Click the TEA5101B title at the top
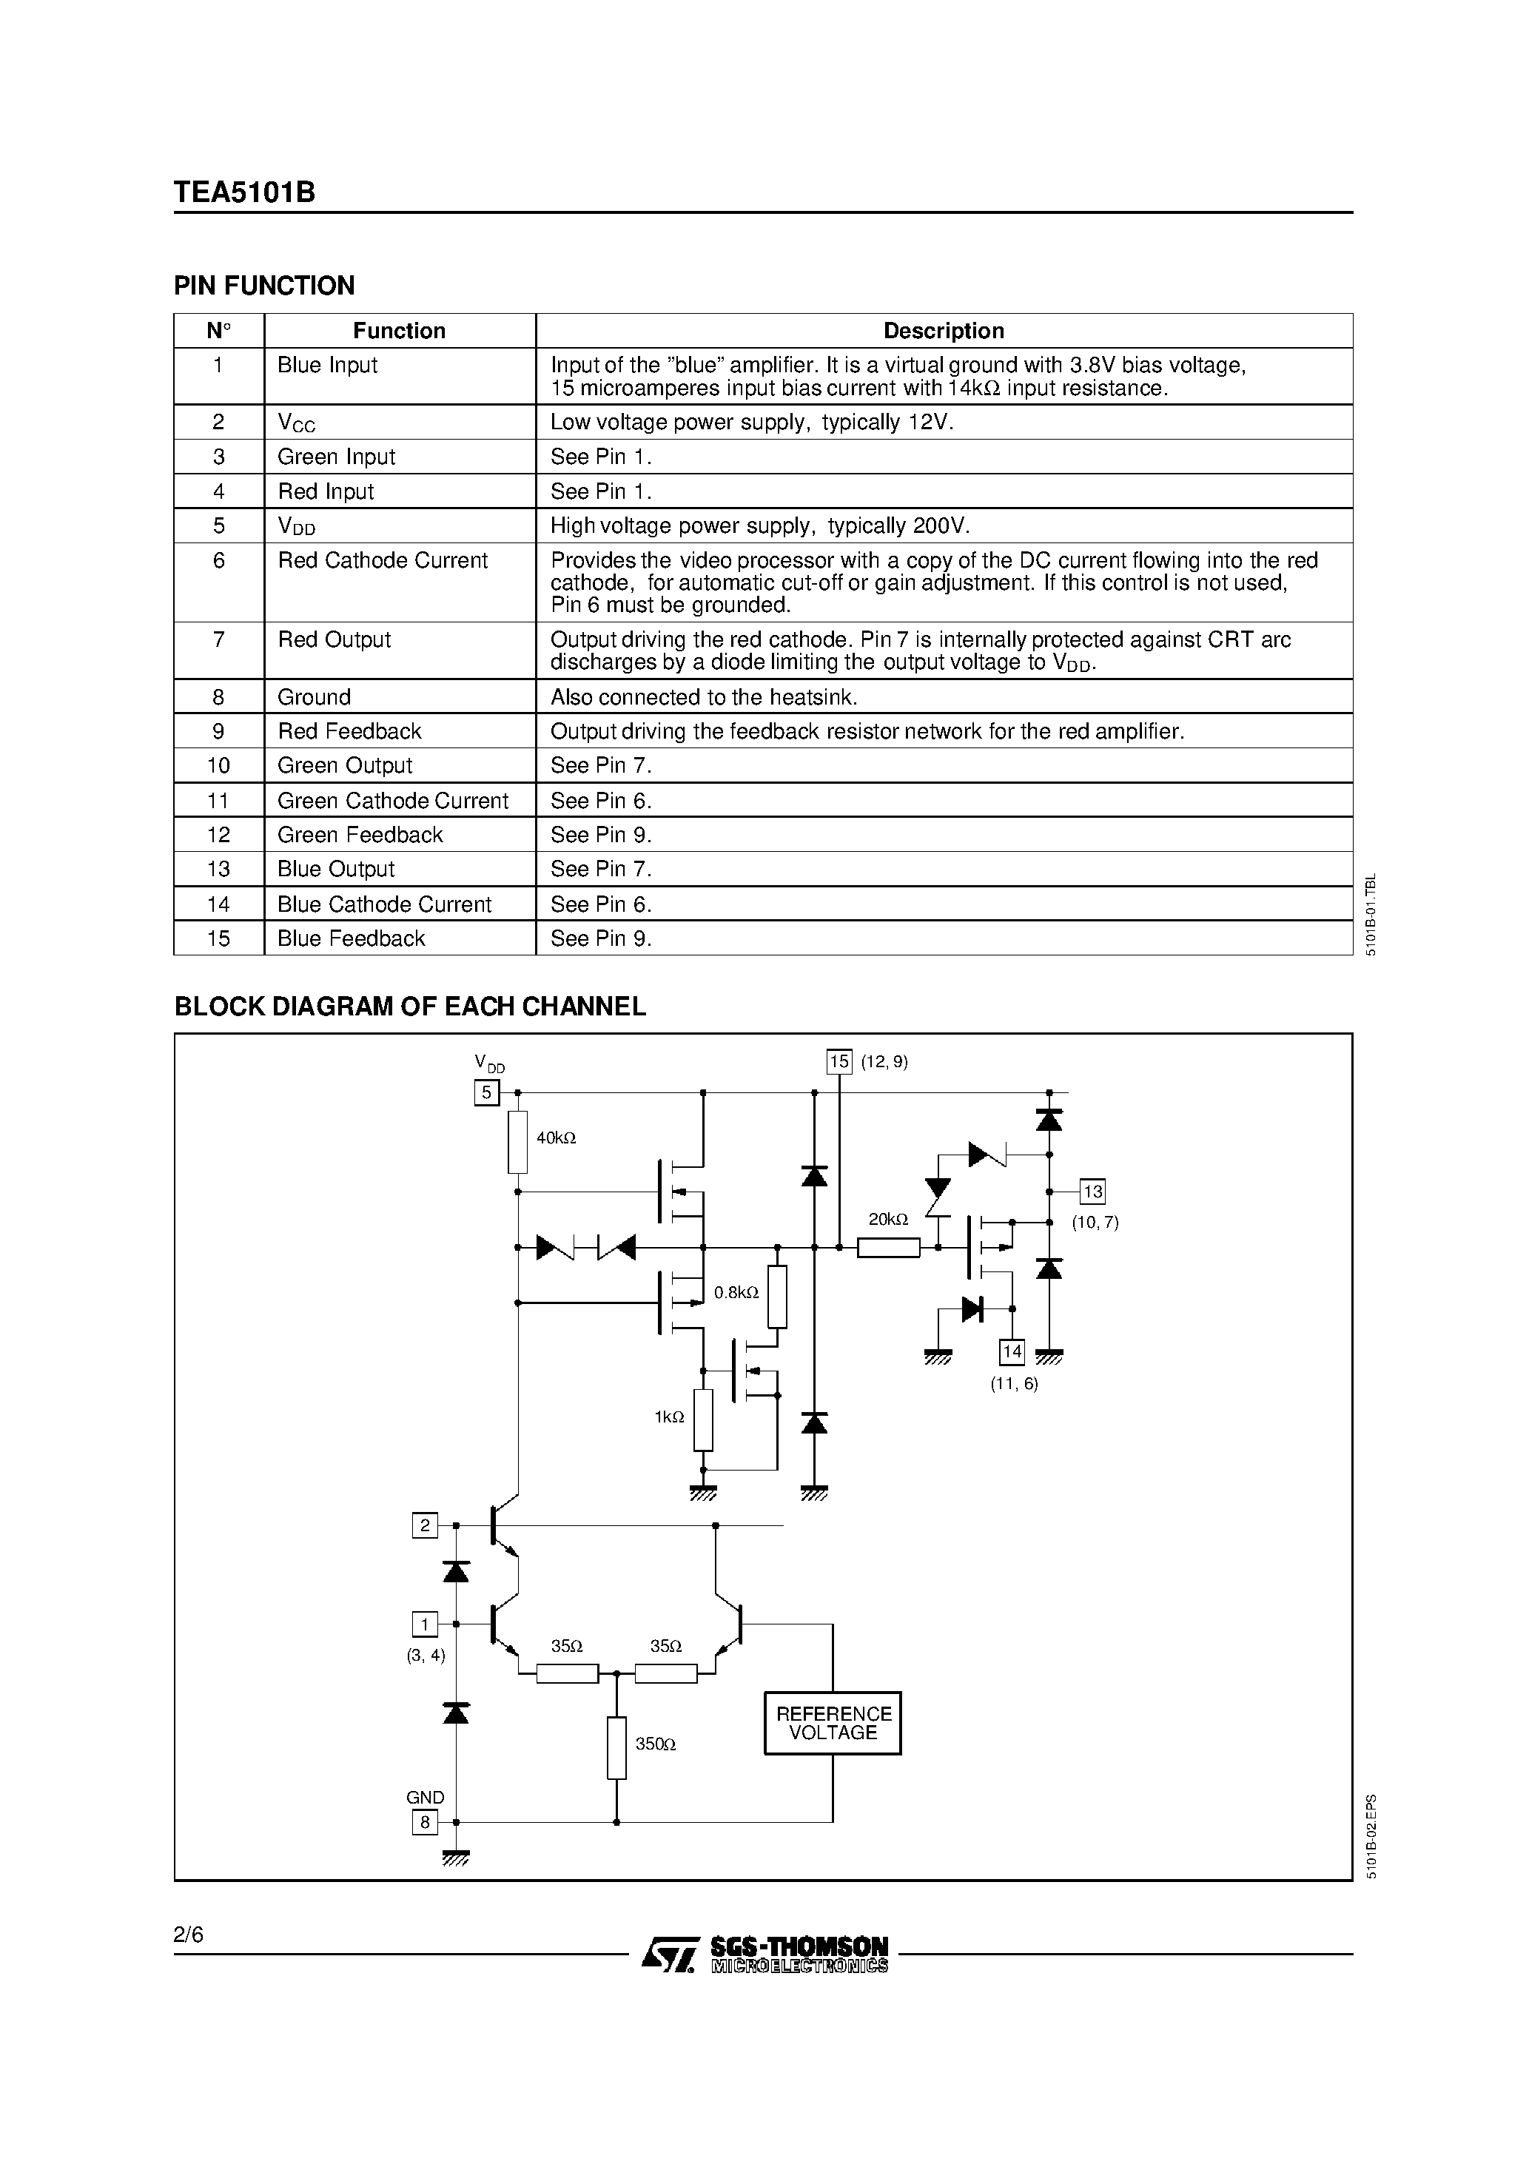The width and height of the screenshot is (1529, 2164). coord(244,192)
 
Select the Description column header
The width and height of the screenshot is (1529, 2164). coord(943,331)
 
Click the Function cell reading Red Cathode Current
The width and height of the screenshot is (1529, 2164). coord(382,561)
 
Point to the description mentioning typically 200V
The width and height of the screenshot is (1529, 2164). coord(760,526)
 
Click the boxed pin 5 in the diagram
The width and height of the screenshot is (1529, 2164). coord(486,1092)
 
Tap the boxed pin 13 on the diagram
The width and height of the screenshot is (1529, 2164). coord(1092,1192)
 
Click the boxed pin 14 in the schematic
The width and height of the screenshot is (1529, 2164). coord(1012,1351)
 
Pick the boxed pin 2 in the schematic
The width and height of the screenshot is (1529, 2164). coord(425,1525)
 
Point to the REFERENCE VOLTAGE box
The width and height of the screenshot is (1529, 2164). coord(833,1723)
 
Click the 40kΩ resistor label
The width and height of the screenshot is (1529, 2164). coord(557,1138)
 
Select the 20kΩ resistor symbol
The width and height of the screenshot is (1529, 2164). coord(888,1248)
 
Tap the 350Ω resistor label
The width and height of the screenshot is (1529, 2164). coord(655,1744)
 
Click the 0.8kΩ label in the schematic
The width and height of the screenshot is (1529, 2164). coord(736,1293)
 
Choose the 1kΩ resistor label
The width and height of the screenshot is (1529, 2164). coord(669,1417)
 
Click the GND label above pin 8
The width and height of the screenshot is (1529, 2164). coord(425,1798)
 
